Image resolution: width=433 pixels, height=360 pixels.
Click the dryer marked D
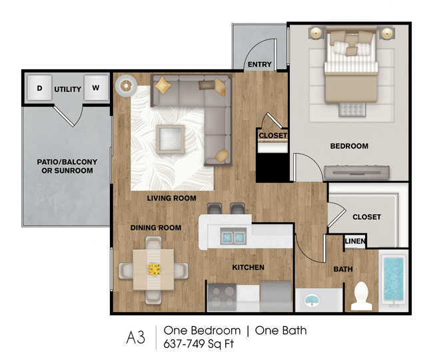tap(39, 87)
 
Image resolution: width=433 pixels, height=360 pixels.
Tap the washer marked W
tap(96, 87)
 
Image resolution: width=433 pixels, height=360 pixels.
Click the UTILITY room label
tap(68, 89)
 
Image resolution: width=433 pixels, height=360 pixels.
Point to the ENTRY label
tap(260, 65)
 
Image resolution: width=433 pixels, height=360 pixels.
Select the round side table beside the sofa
tap(126, 86)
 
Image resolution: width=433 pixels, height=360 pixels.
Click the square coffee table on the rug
tap(170, 139)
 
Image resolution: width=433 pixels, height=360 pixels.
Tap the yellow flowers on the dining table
tap(153, 269)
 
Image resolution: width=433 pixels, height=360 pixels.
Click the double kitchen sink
tap(233, 236)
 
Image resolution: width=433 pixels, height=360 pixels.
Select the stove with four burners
tap(222, 297)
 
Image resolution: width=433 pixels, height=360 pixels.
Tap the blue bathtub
tap(393, 280)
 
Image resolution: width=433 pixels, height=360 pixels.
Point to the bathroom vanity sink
tap(312, 300)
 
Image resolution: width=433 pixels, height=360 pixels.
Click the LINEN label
tap(355, 241)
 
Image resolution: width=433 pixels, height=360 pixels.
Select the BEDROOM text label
tap(349, 146)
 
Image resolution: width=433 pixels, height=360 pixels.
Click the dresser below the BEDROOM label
tap(357, 172)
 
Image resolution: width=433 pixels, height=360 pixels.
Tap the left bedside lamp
tap(316, 33)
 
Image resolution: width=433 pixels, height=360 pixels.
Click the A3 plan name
tap(136, 337)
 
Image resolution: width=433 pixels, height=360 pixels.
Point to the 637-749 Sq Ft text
tap(199, 344)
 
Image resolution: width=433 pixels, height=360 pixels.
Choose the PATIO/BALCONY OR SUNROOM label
tap(67, 166)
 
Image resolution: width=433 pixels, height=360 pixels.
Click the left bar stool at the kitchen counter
tap(215, 209)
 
